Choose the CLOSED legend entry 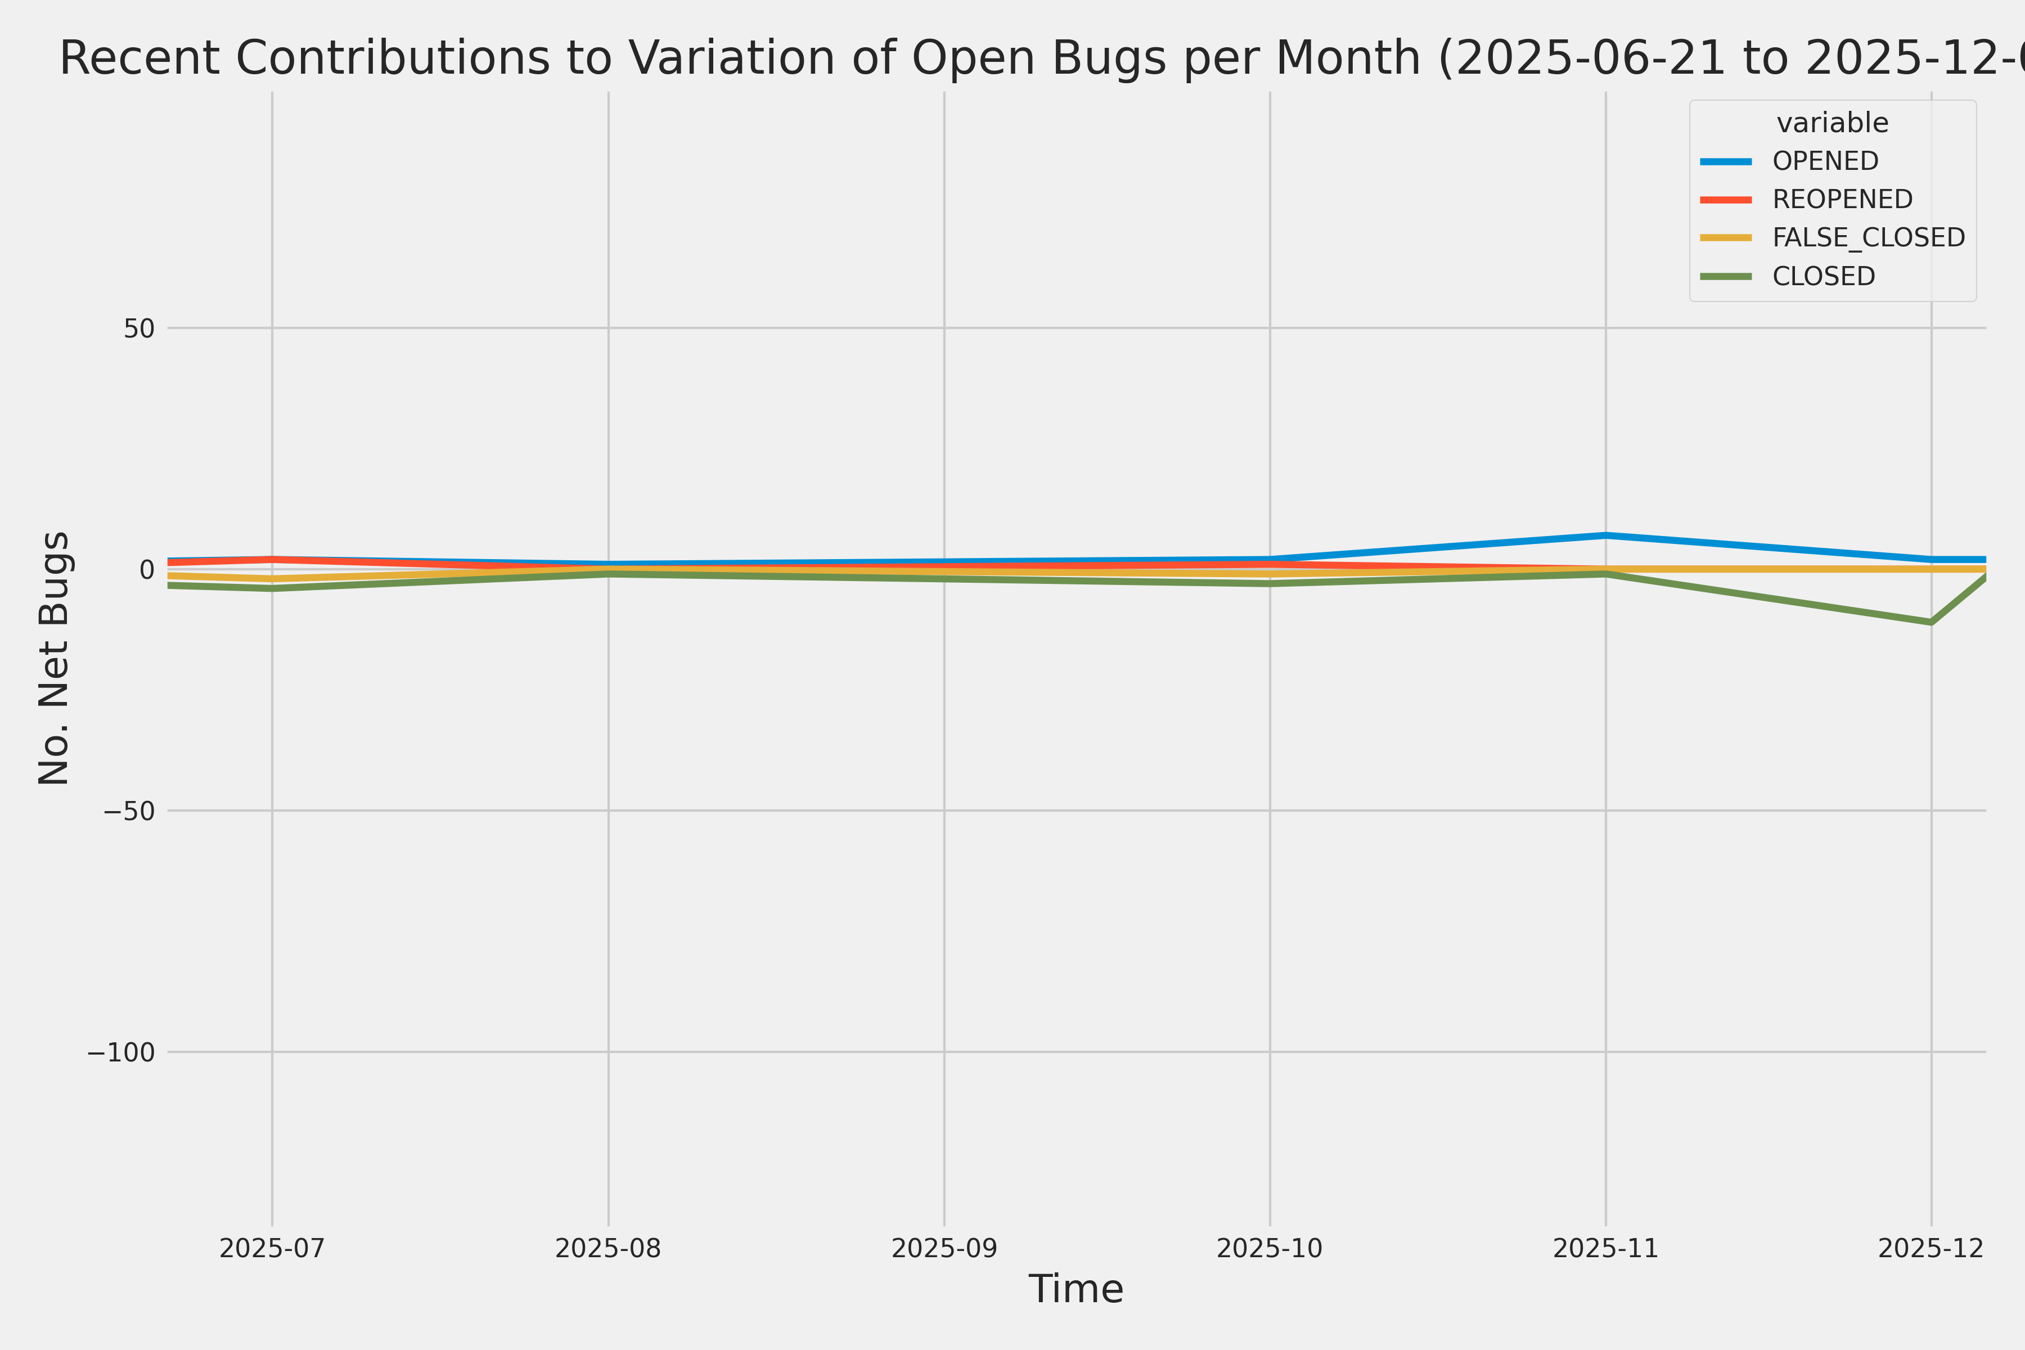tap(1822, 276)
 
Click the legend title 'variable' tap(1832, 123)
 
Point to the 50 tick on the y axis tap(138, 328)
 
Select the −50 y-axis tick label tap(129, 811)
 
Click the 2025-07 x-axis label tap(272, 1248)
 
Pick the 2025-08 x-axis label tap(608, 1248)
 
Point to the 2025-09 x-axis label tap(944, 1248)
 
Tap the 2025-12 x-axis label tap(1930, 1248)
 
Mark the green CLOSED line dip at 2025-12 tap(1930, 622)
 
